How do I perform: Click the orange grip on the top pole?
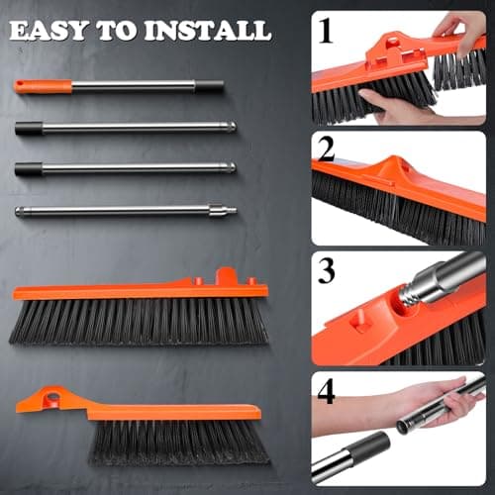(x=43, y=86)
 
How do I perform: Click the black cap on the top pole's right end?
(x=209, y=86)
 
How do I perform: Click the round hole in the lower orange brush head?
(x=48, y=399)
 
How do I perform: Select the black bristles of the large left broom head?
(x=139, y=322)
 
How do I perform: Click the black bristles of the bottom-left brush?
(x=178, y=443)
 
